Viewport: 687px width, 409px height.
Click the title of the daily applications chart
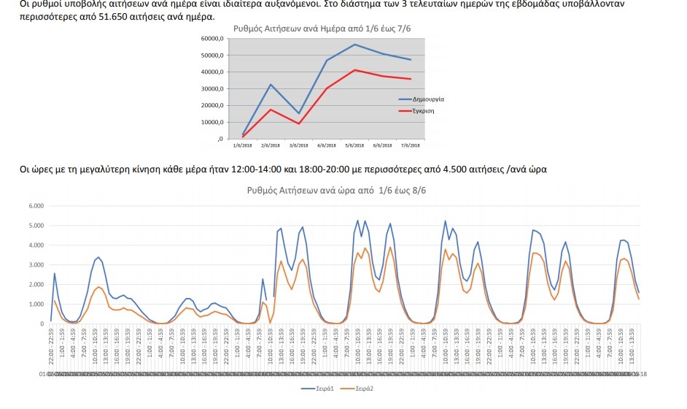coord(322,28)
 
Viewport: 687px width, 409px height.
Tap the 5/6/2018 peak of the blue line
coord(354,45)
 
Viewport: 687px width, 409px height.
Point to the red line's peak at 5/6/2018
coord(354,70)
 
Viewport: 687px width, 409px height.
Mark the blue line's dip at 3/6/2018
coord(298,113)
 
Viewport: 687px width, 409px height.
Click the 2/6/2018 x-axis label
coord(271,145)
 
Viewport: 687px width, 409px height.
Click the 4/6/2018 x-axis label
coord(327,145)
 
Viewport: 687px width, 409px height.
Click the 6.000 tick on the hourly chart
coord(36,206)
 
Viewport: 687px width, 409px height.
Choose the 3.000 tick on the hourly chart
coord(36,264)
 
